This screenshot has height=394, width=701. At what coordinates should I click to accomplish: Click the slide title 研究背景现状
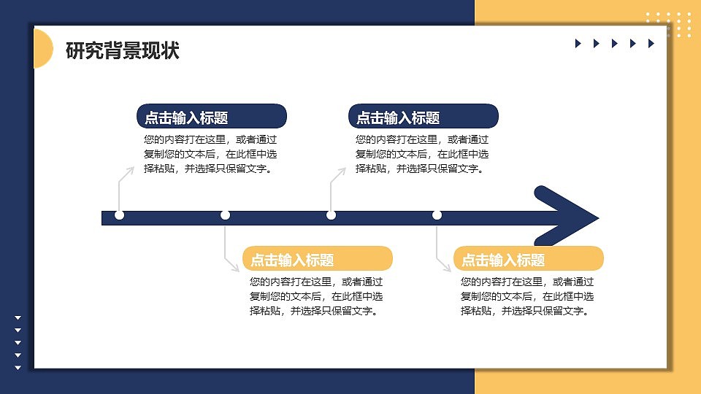[x=122, y=51]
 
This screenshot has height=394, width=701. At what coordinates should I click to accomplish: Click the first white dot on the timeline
[x=120, y=215]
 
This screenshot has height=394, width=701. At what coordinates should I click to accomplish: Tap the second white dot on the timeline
[x=225, y=215]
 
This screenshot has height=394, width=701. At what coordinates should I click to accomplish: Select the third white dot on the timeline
[x=331, y=215]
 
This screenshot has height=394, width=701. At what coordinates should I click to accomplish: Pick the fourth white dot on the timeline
[x=437, y=215]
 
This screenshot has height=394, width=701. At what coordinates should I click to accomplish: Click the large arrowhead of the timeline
[x=567, y=217]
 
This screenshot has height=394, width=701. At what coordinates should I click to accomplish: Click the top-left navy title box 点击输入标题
[x=212, y=117]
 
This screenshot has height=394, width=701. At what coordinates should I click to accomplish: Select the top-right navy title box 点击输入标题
[x=424, y=117]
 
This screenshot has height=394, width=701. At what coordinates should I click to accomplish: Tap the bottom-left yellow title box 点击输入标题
[x=318, y=259]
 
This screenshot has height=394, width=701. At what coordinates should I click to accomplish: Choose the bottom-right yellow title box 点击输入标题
[x=529, y=259]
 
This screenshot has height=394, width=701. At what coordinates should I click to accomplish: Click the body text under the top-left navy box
[x=210, y=154]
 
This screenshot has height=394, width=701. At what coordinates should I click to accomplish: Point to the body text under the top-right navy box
[x=422, y=154]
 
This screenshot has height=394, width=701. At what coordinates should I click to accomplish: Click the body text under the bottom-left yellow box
[x=316, y=296]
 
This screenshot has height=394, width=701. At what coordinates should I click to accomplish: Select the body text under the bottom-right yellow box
[x=527, y=296]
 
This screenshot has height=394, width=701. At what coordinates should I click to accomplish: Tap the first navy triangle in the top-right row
[x=578, y=44]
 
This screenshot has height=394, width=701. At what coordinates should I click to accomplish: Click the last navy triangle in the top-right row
[x=651, y=44]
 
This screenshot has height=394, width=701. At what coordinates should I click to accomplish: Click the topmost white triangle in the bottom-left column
[x=18, y=317]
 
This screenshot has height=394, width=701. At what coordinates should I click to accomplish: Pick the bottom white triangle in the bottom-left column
[x=18, y=367]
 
